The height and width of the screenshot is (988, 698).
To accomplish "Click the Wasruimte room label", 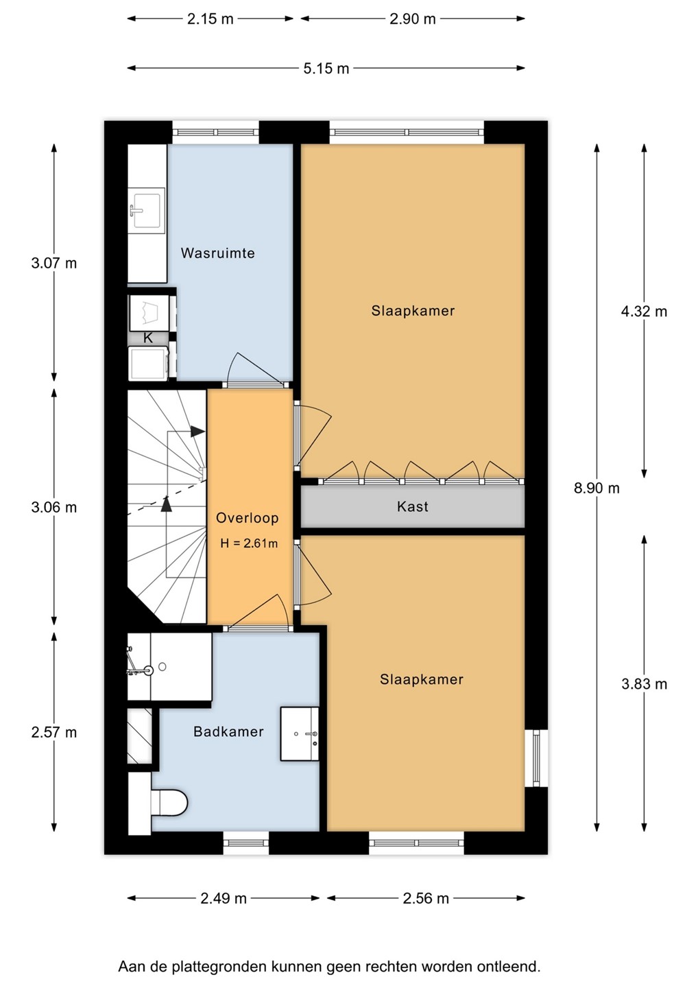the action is tap(217, 253).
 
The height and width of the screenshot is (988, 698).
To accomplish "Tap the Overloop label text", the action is tap(248, 518).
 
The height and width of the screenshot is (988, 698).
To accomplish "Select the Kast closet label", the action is tap(413, 506).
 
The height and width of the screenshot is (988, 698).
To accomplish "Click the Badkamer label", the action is tap(229, 731).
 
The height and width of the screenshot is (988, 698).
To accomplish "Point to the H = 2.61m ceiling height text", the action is tap(249, 543).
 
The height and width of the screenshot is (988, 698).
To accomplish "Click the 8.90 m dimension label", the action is tap(597, 489).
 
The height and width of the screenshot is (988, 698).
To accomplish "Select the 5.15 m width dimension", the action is tap(326, 69).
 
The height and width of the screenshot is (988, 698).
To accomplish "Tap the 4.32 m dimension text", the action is tap(644, 311).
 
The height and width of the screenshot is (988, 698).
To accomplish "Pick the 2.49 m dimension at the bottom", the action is tap(224, 899).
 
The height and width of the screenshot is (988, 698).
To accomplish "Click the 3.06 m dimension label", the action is tap(53, 508).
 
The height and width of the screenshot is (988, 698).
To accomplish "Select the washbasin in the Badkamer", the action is tap(300, 734).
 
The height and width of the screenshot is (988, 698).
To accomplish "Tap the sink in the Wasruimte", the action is tap(146, 211).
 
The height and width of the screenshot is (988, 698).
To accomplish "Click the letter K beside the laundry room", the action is tap(148, 338).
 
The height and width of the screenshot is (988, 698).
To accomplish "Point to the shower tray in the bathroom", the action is tap(169, 666).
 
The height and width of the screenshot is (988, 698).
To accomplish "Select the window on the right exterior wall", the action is tap(536, 757).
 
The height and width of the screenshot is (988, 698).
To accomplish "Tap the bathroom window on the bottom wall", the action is tap(246, 843).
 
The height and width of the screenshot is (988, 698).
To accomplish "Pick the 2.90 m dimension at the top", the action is tap(413, 19).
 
